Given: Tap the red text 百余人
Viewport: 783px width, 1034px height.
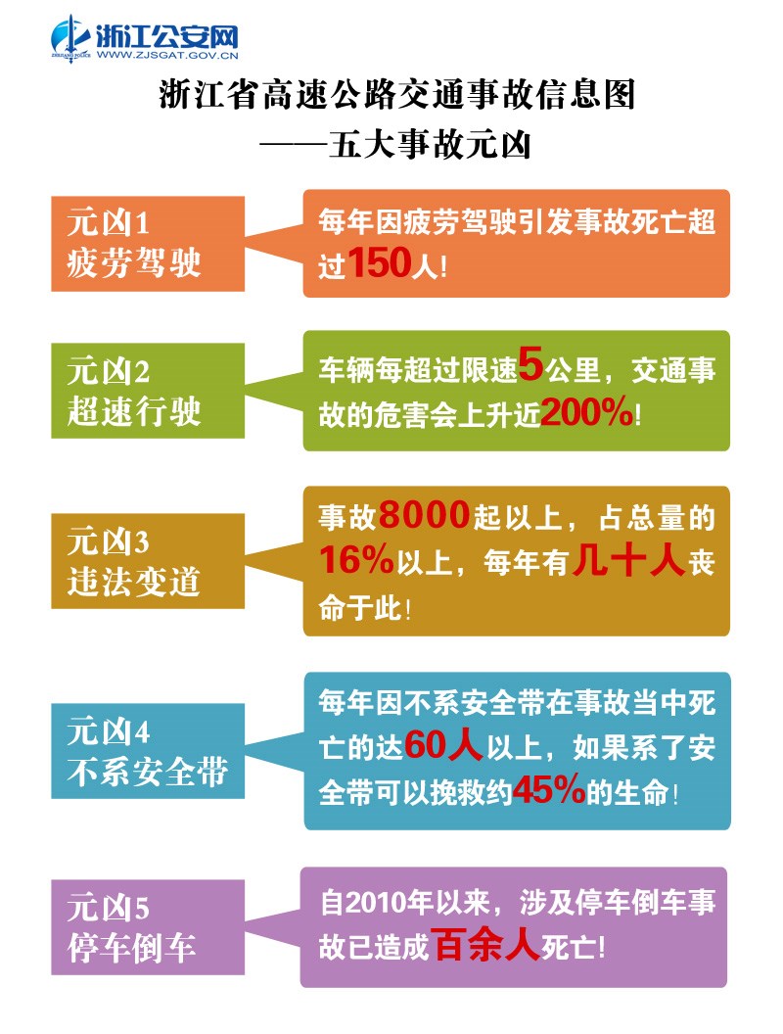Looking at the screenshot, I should (486, 946).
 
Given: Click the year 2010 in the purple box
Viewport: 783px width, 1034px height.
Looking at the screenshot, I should (362, 902).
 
